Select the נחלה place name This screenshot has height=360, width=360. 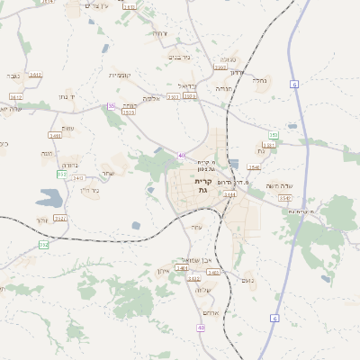[x=259, y=80]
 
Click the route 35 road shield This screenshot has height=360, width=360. [x=112, y=105]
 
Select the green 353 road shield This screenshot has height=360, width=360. [x=273, y=135]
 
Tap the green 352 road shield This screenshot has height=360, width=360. [x=43, y=245]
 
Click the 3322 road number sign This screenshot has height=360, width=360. [x=60, y=217]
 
